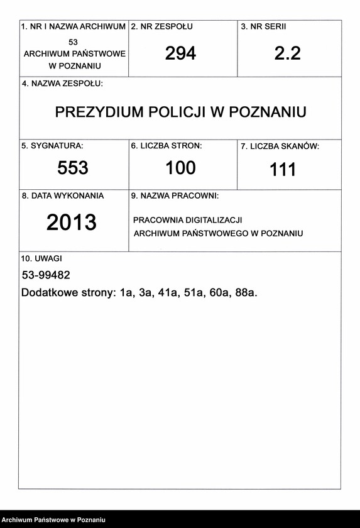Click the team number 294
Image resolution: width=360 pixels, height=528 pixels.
pyautogui.click(x=181, y=54)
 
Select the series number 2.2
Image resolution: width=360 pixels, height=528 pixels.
pyautogui.click(x=288, y=54)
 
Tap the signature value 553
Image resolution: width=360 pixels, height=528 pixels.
pyautogui.click(x=73, y=168)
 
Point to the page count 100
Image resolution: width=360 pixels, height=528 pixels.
pyautogui.click(x=181, y=168)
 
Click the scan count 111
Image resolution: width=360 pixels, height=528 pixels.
pyautogui.click(x=283, y=170)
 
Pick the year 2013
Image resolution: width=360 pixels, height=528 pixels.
pyautogui.click(x=72, y=223)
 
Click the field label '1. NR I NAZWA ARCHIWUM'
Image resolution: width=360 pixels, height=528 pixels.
pyautogui.click(x=74, y=27)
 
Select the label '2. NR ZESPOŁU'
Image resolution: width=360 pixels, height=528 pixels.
pyautogui.click(x=162, y=27)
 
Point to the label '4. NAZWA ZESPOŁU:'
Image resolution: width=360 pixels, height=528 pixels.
pyautogui.click(x=62, y=84)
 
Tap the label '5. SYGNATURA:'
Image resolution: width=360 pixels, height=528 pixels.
pyautogui.click(x=52, y=146)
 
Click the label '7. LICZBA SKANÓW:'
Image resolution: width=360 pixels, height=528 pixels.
pyautogui.click(x=280, y=146)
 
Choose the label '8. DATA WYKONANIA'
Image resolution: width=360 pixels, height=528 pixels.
pyautogui.click(x=63, y=196)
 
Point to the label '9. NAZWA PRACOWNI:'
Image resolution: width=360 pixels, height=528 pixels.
pyautogui.click(x=175, y=196)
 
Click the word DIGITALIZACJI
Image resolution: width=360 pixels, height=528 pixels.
pyautogui.click(x=211, y=220)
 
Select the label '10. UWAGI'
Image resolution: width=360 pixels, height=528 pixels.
pyautogui.click(x=41, y=258)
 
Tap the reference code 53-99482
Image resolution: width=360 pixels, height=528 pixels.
pyautogui.click(x=46, y=275)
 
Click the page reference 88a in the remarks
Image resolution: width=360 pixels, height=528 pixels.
pyautogui.click(x=246, y=294)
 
